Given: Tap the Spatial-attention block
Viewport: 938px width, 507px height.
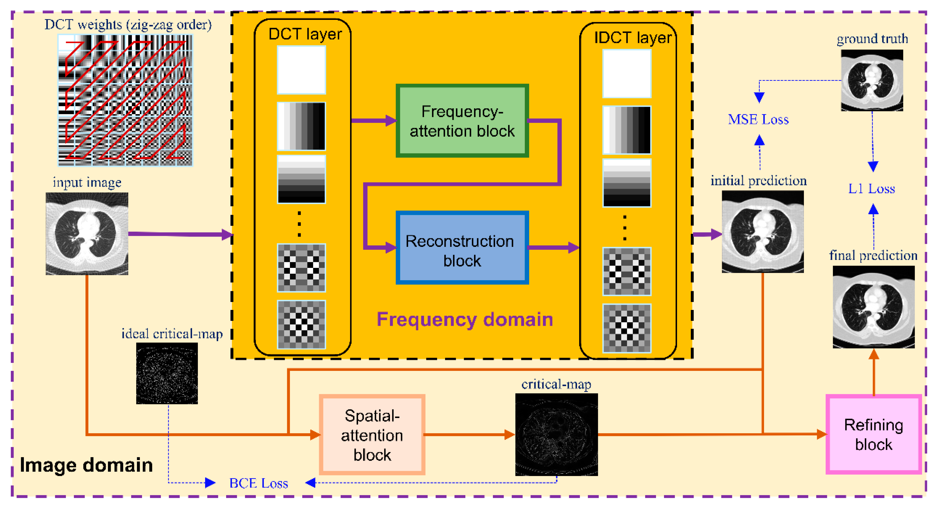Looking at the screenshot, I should click(x=372, y=435).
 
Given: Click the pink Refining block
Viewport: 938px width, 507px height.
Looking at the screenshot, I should click(x=873, y=435).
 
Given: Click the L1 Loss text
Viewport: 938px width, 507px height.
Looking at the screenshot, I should click(x=871, y=188).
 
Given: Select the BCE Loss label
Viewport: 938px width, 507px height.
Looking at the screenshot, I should click(x=259, y=483).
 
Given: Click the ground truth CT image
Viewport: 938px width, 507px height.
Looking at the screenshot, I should click(x=872, y=80).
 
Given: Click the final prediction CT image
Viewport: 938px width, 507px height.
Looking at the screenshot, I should click(x=873, y=307).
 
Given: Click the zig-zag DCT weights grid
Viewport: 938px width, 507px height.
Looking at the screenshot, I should click(x=125, y=100).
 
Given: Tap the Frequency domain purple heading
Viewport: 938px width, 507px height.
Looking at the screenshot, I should click(x=465, y=319).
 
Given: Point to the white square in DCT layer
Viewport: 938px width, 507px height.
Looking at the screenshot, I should click(x=301, y=70).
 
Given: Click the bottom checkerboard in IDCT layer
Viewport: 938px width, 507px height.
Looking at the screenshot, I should click(x=626, y=328).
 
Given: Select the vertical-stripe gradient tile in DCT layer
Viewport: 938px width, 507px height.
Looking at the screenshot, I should click(x=301, y=126).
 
